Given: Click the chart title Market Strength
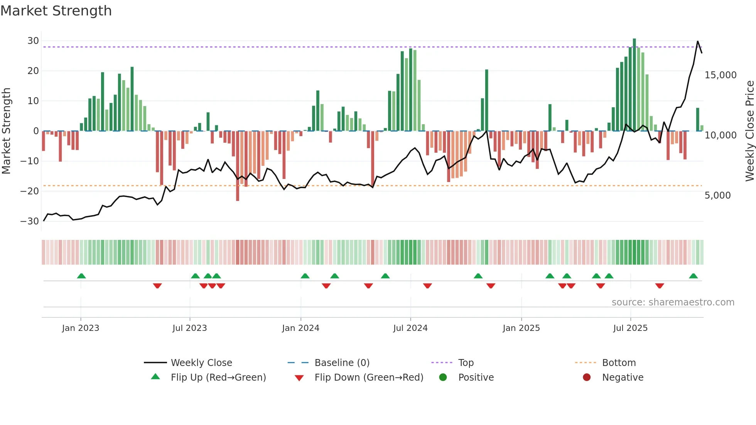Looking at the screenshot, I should tap(56, 11).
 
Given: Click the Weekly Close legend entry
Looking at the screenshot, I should tap(201, 363).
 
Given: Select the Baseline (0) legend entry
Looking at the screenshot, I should tap(342, 363).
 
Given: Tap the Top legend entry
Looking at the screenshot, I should tap(466, 363).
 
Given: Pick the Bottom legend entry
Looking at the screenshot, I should tap(619, 363).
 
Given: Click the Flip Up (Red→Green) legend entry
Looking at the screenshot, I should tap(218, 377).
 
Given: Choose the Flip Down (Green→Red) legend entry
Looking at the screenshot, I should tap(368, 377).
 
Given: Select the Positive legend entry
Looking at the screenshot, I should tap(476, 377).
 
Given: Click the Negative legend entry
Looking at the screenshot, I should tap(623, 377).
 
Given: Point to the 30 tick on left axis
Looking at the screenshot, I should tap(33, 41).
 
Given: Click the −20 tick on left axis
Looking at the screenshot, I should tap(30, 191).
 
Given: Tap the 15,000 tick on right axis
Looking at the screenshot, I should tap(720, 75).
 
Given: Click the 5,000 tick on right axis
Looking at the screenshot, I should tap(717, 196).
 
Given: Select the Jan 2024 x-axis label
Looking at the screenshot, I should tap(300, 328).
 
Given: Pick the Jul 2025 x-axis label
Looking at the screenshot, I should tap(630, 328).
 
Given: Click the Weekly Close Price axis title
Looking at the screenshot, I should tap(749, 131).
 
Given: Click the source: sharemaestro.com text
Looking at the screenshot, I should tap(673, 302).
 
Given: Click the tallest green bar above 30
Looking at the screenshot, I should tap(634, 85).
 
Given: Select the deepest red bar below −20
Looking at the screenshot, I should tap(238, 166).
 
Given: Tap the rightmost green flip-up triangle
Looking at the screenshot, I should tap(693, 276).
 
